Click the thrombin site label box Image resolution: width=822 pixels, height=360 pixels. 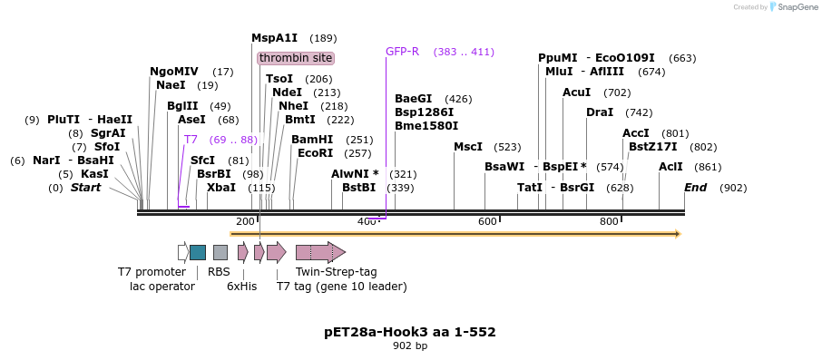point(296,58)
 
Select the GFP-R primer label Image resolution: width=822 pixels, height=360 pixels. point(402,52)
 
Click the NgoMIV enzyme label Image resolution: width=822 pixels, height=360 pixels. point(173,72)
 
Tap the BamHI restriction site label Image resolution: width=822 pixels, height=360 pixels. point(312,140)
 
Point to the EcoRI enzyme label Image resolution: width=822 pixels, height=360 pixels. point(316,153)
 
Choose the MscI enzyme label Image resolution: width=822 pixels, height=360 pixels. point(468,147)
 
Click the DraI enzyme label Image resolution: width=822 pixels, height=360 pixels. point(600,112)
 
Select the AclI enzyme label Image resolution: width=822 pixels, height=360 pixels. point(670,167)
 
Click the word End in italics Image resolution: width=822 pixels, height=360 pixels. point(695,188)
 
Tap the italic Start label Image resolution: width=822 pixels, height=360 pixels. point(85,188)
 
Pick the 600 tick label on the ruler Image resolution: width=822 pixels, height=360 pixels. point(487,221)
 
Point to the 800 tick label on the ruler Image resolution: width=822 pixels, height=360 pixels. point(609,221)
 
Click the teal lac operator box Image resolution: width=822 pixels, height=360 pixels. point(197,252)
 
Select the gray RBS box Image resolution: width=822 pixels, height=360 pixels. point(220,252)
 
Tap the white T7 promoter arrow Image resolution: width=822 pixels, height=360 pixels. point(182,252)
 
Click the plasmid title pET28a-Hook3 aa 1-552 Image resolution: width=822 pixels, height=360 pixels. point(410,332)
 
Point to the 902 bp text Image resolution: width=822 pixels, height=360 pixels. point(410,345)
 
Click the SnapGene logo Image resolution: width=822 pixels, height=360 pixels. point(788,7)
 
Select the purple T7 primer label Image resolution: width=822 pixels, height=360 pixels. point(191,140)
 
